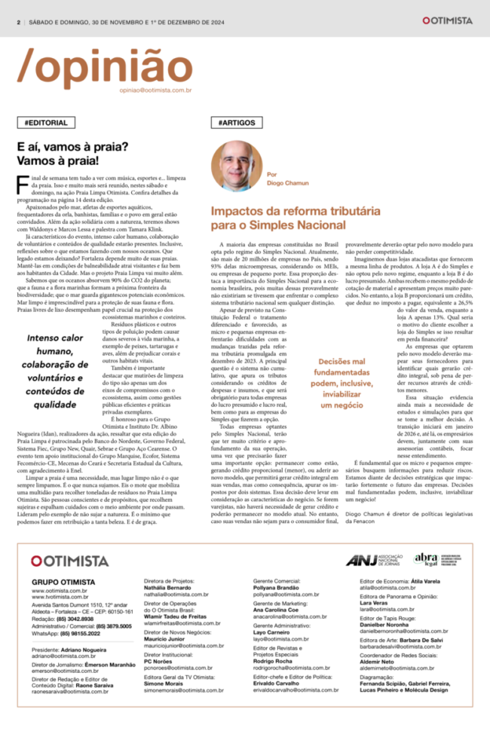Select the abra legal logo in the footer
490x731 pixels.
426,558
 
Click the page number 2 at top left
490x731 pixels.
17,22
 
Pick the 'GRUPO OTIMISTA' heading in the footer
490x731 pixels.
63,583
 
